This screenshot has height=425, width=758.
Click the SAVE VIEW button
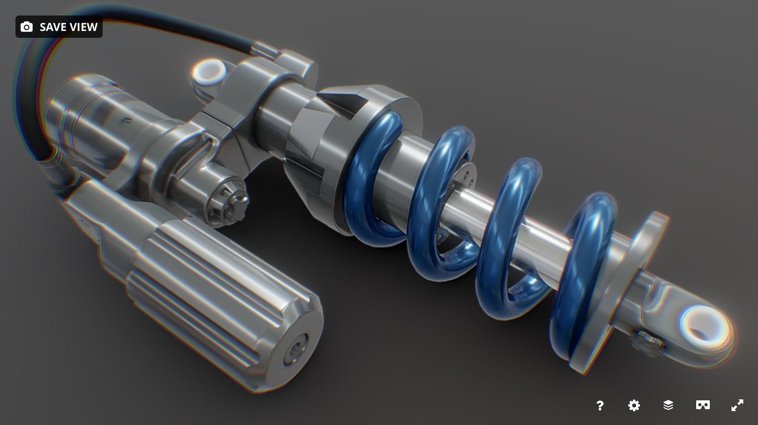[59, 27]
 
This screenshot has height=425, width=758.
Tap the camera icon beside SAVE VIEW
[27, 27]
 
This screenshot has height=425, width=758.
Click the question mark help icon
[600, 405]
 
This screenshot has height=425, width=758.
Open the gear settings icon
[634, 405]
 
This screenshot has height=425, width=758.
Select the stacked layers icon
[668, 405]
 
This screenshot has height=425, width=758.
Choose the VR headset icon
[703, 405]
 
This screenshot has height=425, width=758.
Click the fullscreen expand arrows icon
[737, 405]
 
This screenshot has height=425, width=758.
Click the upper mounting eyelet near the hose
[208, 72]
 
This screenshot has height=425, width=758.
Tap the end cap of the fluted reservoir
[296, 351]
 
